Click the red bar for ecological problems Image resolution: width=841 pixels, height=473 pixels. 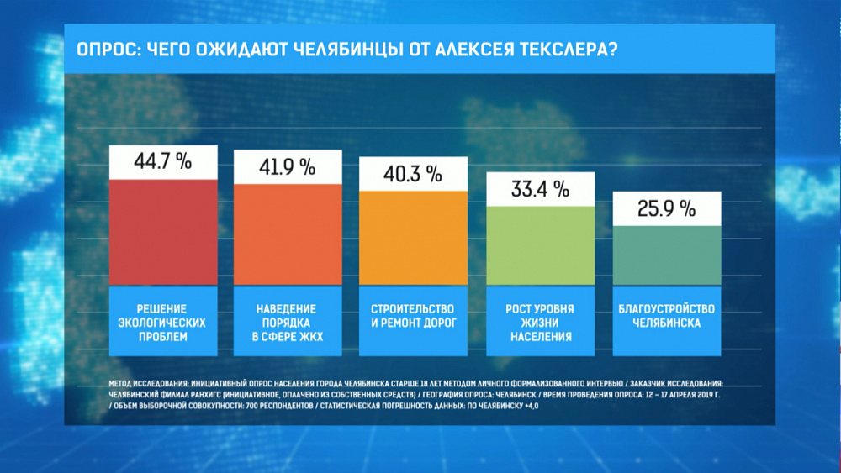164,233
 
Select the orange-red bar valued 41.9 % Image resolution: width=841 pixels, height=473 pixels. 288,234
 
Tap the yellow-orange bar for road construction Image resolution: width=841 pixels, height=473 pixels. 412,238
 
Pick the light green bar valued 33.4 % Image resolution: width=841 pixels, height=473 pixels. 541,245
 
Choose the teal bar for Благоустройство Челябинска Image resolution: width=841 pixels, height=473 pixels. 666,256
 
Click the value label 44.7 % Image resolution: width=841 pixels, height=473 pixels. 164,162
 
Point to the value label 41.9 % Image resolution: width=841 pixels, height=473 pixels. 288,167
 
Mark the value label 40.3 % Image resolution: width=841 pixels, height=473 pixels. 412,174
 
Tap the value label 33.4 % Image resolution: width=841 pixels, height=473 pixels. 541,189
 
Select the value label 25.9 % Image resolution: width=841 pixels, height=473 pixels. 666,208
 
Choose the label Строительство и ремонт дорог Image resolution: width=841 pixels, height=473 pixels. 412,316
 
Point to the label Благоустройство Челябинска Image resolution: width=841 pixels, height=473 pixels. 666,316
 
